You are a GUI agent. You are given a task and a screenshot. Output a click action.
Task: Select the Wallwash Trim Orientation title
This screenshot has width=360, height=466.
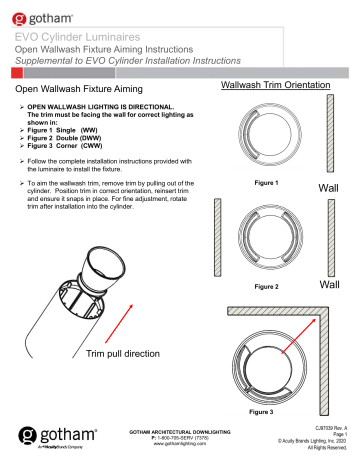(269, 86)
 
